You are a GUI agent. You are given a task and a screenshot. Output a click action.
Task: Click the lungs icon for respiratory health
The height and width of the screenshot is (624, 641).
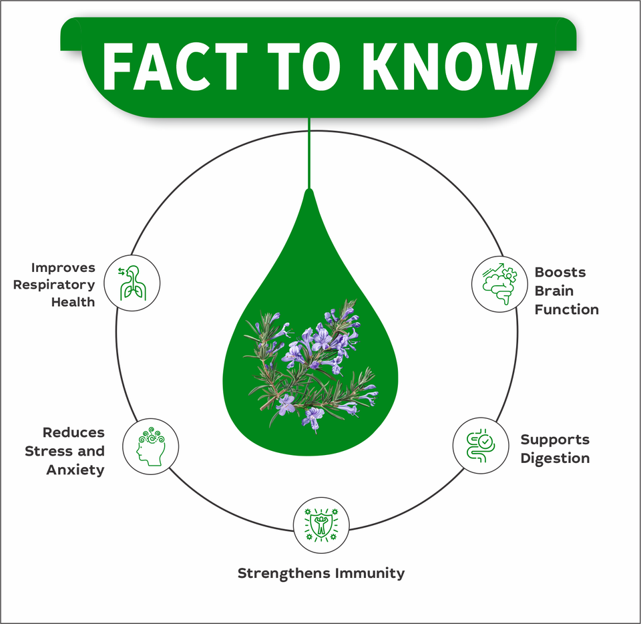132,283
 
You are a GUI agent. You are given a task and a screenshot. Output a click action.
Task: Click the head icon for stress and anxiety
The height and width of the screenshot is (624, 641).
151,446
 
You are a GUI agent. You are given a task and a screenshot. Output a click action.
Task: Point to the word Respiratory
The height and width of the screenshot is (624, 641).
54,285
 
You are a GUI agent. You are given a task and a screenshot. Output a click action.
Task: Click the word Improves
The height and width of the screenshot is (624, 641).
63,267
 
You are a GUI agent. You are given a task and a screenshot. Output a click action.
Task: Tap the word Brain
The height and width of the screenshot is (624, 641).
554,291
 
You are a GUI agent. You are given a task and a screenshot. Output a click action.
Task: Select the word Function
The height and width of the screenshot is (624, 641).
566,309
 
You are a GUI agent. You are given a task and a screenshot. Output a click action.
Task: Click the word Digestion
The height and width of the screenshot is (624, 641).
555,458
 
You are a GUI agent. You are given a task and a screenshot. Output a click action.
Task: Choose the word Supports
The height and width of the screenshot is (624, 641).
555,440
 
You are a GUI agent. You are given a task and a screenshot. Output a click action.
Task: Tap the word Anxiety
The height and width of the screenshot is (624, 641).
75,470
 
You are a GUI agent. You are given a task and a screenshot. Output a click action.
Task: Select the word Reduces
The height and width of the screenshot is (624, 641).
73,432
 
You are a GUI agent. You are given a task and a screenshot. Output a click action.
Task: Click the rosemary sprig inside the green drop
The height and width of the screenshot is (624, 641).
311,364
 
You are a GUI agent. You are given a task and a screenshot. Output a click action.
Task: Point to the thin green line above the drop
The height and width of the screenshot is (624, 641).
309,154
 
